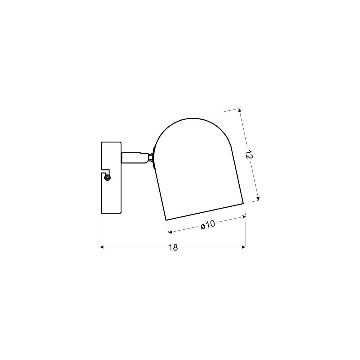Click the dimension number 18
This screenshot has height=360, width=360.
coord(173,247)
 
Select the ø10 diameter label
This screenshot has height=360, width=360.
coord(208,225)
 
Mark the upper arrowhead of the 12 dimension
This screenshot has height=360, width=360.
coord(239,110)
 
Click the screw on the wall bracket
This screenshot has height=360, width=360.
coord(108,178)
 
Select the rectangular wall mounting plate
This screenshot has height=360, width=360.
coord(111,192)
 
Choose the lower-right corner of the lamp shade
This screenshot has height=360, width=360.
coord(242,204)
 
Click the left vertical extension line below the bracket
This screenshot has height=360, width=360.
coord(100,232)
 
